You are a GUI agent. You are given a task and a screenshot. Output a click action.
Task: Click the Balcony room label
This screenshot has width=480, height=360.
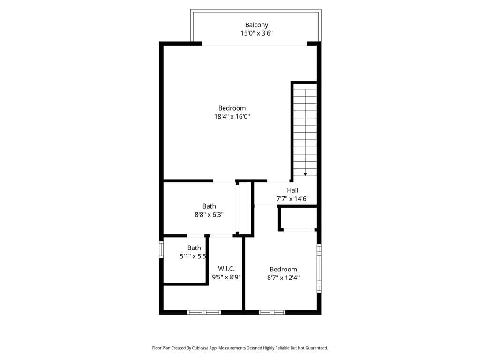click(x=256, y=25)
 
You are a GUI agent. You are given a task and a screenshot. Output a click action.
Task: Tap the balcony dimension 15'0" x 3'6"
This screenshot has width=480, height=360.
click(x=256, y=33)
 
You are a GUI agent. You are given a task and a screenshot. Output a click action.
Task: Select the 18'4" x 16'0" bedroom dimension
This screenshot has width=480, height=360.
click(x=232, y=117)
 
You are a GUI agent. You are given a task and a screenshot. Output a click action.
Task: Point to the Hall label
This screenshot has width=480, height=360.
click(x=292, y=190)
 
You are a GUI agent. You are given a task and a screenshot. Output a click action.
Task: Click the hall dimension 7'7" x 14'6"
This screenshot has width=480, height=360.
click(x=292, y=199)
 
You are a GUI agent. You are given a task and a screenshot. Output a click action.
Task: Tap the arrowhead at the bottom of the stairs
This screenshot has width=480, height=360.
click(x=305, y=174)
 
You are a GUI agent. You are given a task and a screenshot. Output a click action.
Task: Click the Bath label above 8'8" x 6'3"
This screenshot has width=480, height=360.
click(x=209, y=206)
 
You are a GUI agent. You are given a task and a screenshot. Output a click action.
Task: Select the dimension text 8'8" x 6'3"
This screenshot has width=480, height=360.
click(x=209, y=215)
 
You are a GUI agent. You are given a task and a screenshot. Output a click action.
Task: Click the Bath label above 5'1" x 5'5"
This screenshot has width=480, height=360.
click(x=194, y=248)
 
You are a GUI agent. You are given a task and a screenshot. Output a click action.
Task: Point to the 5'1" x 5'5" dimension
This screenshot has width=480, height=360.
click(x=193, y=256)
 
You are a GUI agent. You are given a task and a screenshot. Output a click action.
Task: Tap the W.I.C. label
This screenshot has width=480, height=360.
click(x=226, y=269)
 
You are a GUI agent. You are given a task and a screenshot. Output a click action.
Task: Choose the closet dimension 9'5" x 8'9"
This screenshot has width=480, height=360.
click(x=226, y=277)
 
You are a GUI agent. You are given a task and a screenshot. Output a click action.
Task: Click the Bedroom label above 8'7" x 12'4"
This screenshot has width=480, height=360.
click(x=283, y=270)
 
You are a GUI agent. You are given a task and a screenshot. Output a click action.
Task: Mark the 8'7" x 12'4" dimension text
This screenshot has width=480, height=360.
click(x=283, y=277)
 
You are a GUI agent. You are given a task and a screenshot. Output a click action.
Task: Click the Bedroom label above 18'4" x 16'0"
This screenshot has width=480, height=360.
click(x=232, y=108)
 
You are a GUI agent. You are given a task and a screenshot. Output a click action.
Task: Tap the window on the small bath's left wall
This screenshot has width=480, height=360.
click(x=161, y=249)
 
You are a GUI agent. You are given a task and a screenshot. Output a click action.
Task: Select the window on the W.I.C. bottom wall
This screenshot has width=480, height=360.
click(x=204, y=312)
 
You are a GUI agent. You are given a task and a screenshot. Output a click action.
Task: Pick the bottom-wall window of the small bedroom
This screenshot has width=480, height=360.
click(x=272, y=312)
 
